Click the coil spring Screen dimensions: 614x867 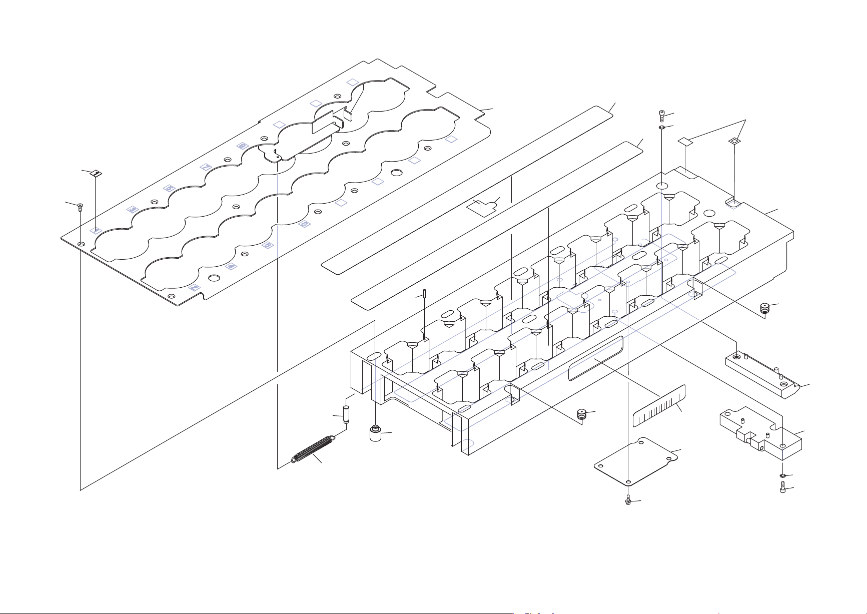[313, 448]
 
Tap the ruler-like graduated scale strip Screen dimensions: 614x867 [658, 406]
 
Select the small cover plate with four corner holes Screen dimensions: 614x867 [636, 460]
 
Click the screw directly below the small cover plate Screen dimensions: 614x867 [628, 500]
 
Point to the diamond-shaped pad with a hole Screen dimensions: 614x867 [733, 142]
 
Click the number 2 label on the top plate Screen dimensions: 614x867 [194, 288]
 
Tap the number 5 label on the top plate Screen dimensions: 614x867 [169, 188]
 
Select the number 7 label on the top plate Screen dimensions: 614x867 [206, 167]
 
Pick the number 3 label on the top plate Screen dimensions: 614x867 [133, 209]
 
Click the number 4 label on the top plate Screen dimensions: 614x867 [231, 266]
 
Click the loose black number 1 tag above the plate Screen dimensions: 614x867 [97, 173]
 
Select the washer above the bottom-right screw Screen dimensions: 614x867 [782, 475]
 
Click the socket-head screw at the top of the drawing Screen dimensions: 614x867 [662, 116]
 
